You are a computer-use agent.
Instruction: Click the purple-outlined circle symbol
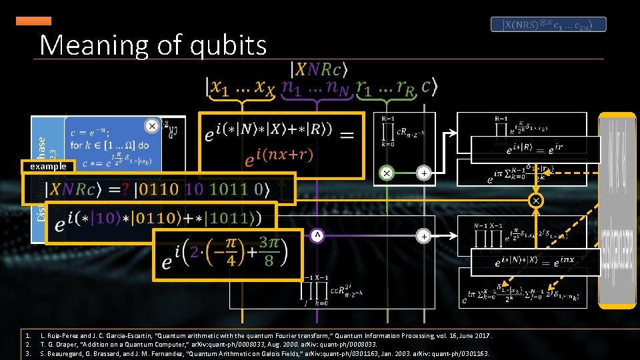click(x=318, y=235)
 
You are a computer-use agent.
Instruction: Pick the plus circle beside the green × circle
click(x=423, y=173)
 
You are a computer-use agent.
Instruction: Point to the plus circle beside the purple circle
click(x=423, y=235)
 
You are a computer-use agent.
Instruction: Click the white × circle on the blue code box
click(x=152, y=125)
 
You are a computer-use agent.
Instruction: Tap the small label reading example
click(x=44, y=166)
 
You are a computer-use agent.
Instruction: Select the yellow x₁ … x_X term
click(x=242, y=87)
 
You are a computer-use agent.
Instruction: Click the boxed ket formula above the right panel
click(x=549, y=25)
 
